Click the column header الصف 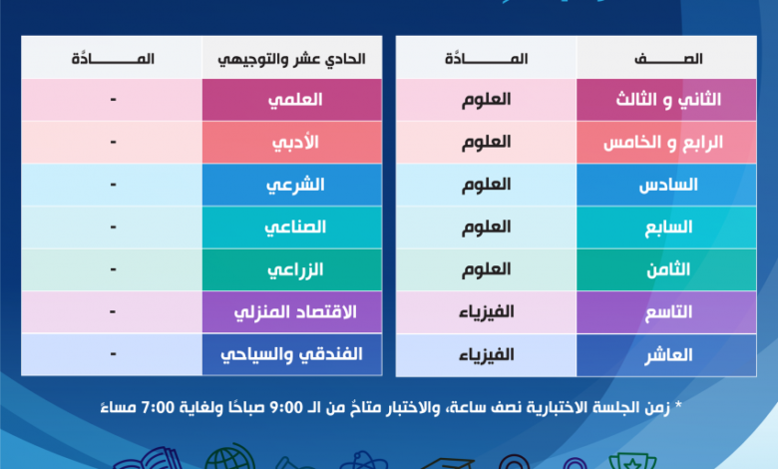pos(668,59)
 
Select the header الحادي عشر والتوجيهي pos(291,59)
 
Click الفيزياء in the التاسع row pos(487,312)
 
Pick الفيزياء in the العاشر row pos(487,355)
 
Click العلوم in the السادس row pos(487,185)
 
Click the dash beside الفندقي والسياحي pos(113,354)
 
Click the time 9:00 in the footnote pos(286,407)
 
